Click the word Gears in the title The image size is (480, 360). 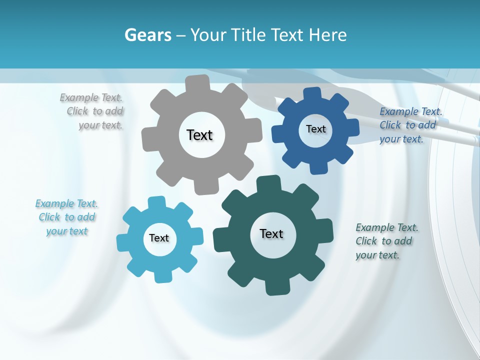click(x=147, y=35)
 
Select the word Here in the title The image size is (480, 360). click(x=328, y=35)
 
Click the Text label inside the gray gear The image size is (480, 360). click(x=199, y=135)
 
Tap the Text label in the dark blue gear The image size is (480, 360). click(x=315, y=129)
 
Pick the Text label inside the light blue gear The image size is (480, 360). click(x=159, y=238)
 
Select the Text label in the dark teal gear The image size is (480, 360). click(x=271, y=233)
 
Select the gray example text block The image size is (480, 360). click(x=93, y=111)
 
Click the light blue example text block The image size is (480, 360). click(x=67, y=217)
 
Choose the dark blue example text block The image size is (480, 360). click(x=409, y=125)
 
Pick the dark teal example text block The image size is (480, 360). click(x=386, y=241)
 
